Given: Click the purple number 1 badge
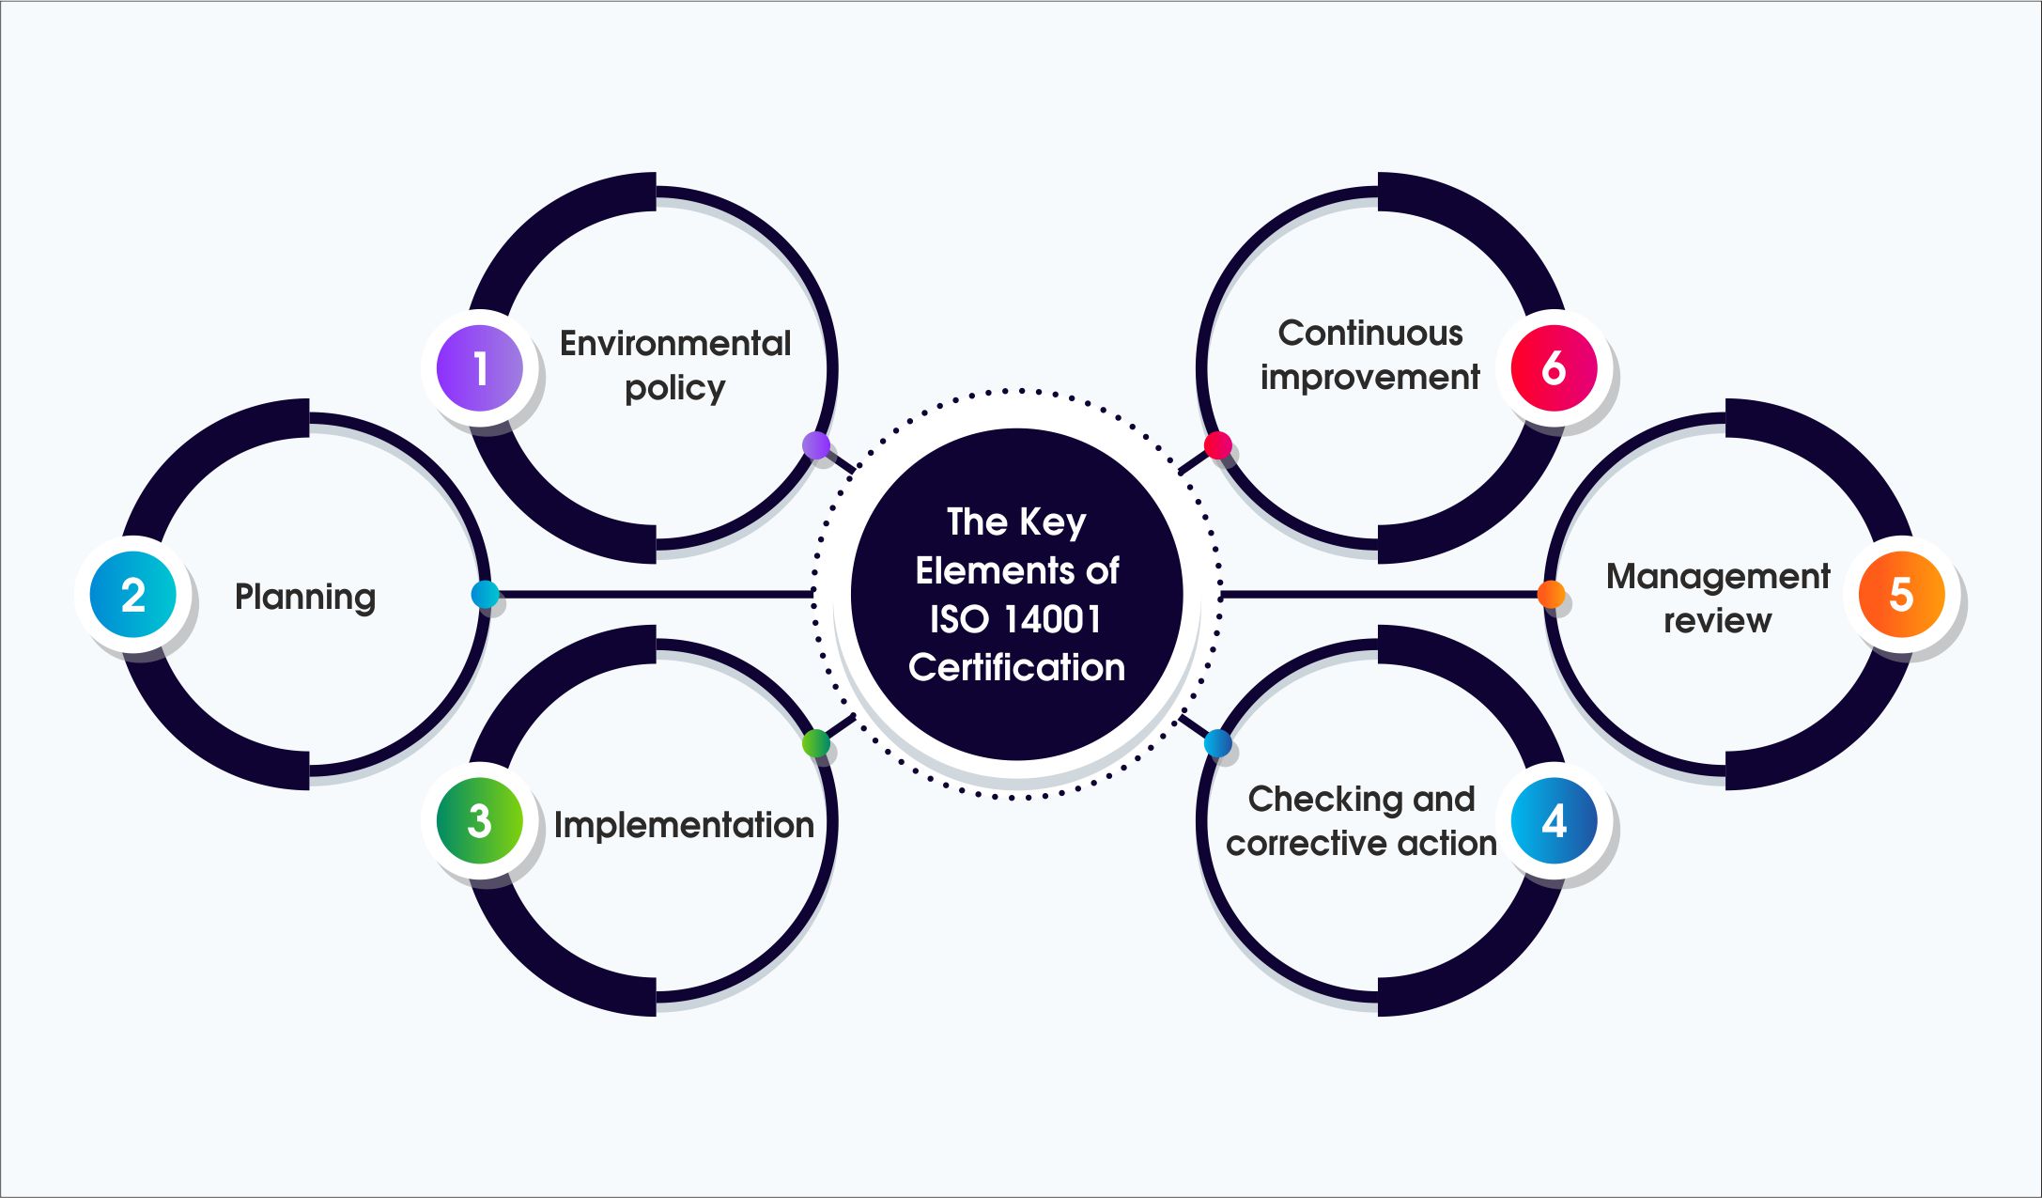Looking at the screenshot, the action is click(480, 368).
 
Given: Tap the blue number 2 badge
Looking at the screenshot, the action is click(133, 595).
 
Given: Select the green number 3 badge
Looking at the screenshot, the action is click(480, 820).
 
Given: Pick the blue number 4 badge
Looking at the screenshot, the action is click(1555, 820).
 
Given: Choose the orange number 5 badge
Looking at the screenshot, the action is click(1901, 594).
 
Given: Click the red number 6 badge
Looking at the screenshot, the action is click(1555, 368).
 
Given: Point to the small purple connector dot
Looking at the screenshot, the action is click(816, 445).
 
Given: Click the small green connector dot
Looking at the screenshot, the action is click(816, 743).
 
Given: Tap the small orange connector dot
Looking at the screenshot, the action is click(1551, 594).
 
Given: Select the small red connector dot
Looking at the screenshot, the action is click(1218, 445).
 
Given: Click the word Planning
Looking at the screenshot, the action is click(305, 598).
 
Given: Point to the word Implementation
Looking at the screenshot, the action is click(684, 826).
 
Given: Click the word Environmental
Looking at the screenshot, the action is click(675, 343).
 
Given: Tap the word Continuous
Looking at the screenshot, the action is click(1370, 333).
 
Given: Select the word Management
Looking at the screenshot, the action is click(1718, 577).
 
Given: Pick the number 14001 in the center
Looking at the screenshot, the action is click(1052, 619).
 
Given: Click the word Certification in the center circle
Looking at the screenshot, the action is click(1016, 667).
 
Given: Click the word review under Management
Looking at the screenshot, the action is click(1718, 621).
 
